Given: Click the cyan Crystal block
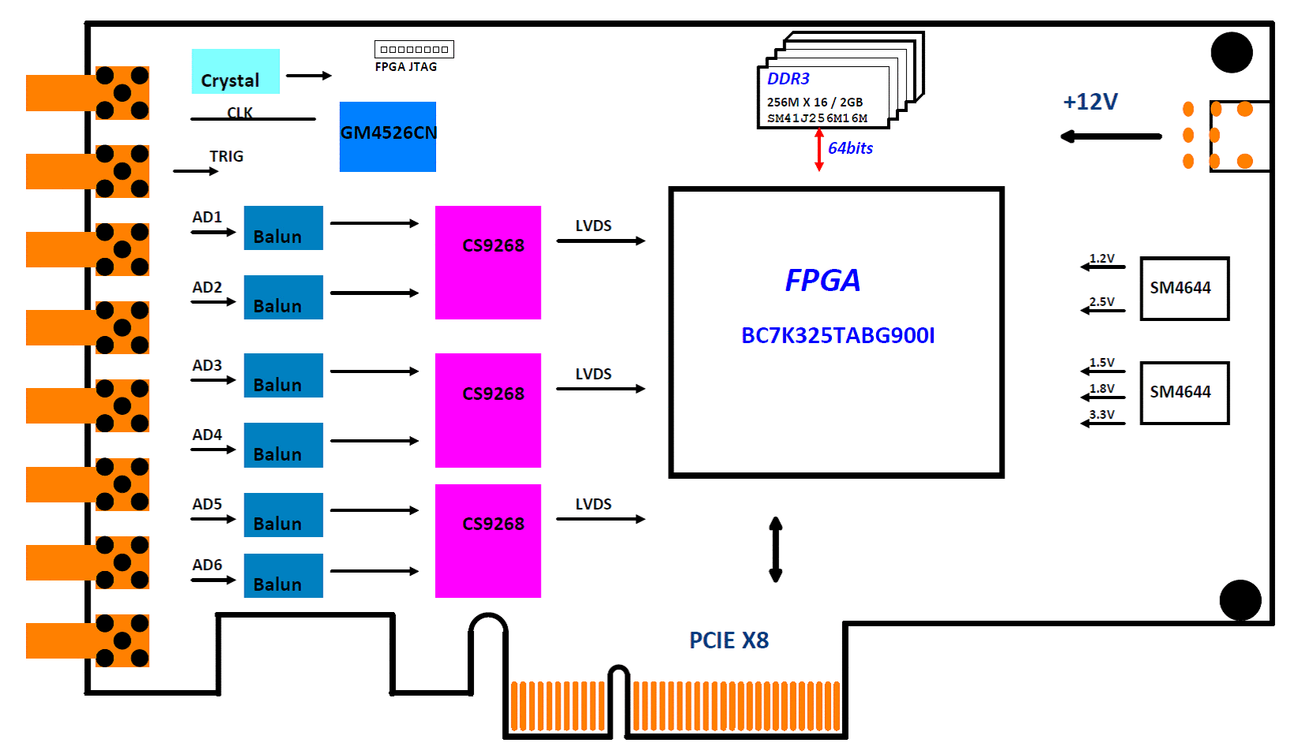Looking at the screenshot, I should (235, 72).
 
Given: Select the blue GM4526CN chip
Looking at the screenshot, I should (387, 136).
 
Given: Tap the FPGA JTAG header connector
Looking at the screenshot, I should (414, 50).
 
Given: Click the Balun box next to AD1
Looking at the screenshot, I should (283, 228).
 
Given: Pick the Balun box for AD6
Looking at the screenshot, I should (283, 576).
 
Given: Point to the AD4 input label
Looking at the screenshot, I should (207, 435).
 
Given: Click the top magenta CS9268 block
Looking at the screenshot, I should (488, 263).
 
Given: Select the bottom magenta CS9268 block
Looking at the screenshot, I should (488, 541).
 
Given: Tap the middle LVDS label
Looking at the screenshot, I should (593, 374).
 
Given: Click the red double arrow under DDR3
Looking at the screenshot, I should (819, 150).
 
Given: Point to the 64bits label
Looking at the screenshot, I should (850, 148).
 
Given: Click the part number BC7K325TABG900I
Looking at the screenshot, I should (837, 336).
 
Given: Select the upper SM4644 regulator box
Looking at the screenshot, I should (1184, 289).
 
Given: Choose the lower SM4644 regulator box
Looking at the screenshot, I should (1184, 393).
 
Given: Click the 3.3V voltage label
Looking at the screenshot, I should (1102, 414).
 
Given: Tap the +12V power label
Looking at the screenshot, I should (1090, 102).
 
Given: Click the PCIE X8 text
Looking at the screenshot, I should (729, 640).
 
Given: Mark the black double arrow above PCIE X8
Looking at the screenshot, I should (776, 550).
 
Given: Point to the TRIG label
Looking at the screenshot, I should (226, 156).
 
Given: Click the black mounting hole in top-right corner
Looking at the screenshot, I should (1232, 53).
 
